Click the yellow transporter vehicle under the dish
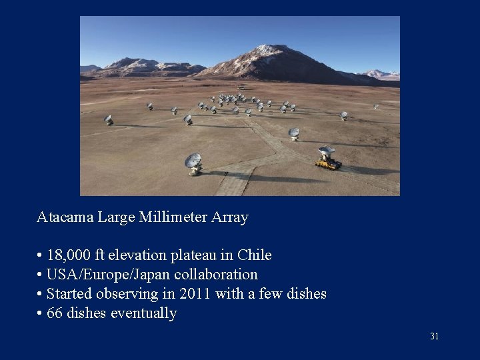pos(327,163)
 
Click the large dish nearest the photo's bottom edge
pos(193,162)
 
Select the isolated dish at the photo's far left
pos(109,119)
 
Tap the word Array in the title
pos(230,217)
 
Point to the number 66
pos(55,313)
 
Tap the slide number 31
pos(435,337)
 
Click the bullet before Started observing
pos(40,294)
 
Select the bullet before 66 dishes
pos(40,313)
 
